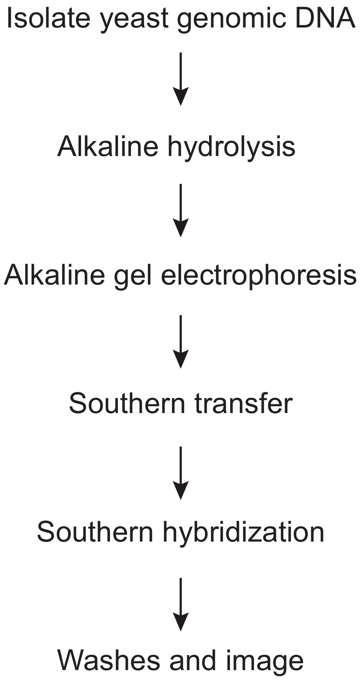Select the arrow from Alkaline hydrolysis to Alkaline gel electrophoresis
tap(181, 210)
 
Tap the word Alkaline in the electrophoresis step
tap(54, 275)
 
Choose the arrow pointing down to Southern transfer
tap(181, 341)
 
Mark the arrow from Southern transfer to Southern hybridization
tap(181, 473)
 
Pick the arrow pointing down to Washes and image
tap(181, 604)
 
